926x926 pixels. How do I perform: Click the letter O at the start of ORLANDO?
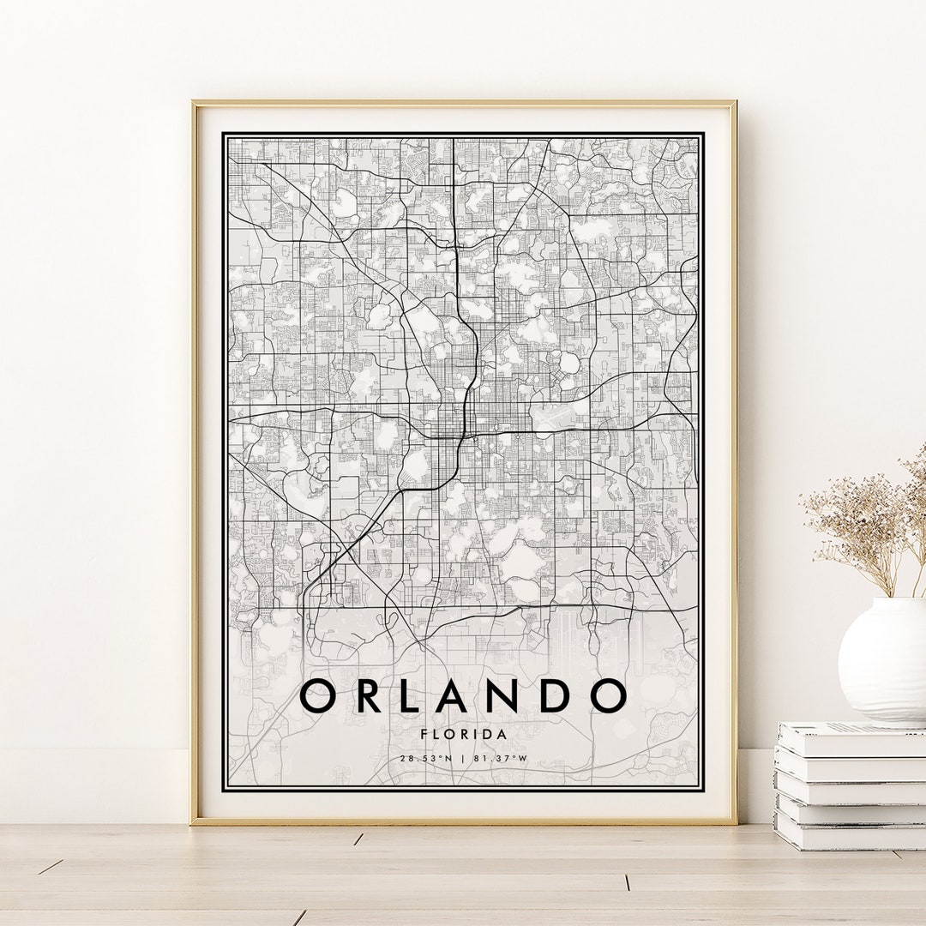[x=320, y=695]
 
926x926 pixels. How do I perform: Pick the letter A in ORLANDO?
[x=470, y=695]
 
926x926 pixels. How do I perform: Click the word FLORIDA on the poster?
[x=464, y=734]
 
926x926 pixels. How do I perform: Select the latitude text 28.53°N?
[x=424, y=758]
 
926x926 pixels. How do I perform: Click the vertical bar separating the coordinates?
[x=464, y=758]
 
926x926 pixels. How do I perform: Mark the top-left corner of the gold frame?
[x=194, y=103]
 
